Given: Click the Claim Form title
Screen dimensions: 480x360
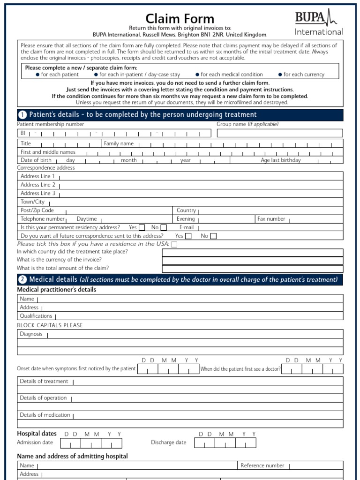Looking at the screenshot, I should pyautogui.click(x=180, y=19).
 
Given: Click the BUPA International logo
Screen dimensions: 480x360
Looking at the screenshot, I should pyautogui.click(x=319, y=23).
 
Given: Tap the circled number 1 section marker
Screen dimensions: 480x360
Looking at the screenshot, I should pyautogui.click(x=22, y=115).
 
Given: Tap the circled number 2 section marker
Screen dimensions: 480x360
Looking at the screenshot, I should pyautogui.click(x=22, y=280).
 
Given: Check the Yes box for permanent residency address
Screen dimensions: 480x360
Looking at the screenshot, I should pyautogui.click(x=142, y=228).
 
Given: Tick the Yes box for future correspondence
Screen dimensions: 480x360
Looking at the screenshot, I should pyautogui.click(x=188, y=236).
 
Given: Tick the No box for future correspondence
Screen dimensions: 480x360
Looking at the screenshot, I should pyautogui.click(x=213, y=236).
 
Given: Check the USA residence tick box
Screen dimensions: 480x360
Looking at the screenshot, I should pyautogui.click(x=174, y=244).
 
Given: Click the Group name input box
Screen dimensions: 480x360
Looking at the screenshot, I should pyautogui.click(x=280, y=133).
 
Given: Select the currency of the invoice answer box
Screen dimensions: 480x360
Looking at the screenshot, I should pyautogui.click(x=253, y=261).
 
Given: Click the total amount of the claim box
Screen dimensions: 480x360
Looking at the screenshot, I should pyautogui.click(x=253, y=269).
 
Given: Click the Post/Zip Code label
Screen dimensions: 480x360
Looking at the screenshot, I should pyautogui.click(x=37, y=210).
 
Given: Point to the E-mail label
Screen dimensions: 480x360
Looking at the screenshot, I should pyautogui.click(x=187, y=227).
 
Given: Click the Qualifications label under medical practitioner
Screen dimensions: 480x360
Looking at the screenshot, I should pyautogui.click(x=36, y=316).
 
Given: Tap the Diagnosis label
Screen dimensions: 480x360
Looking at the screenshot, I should pyautogui.click(x=31, y=334).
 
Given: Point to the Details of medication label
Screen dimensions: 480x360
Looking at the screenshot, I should pyautogui.click(x=45, y=415).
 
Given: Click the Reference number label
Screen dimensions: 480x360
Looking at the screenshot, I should pyautogui.click(x=262, y=465).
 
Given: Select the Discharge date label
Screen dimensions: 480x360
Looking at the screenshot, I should pyautogui.click(x=168, y=442).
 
